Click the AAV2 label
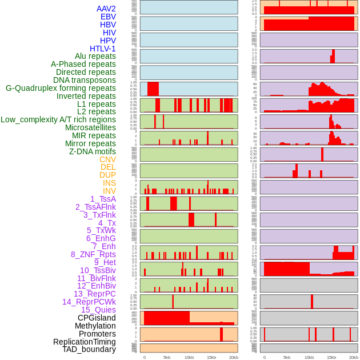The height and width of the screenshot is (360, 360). [x=106, y=9]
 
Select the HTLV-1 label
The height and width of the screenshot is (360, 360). [x=102, y=49]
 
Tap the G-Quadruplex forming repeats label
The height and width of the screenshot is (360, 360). [x=61, y=89]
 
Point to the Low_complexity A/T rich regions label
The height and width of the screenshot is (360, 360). [x=58, y=119]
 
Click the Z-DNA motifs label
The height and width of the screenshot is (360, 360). [x=93, y=151]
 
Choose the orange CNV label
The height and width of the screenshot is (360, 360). [x=107, y=159]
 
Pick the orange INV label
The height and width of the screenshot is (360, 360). [x=109, y=191]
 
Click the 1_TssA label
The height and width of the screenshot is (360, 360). [x=103, y=199]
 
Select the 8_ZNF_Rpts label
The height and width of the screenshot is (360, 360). [x=93, y=254]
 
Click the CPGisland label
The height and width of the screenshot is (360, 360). [x=97, y=318]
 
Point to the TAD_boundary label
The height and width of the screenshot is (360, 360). [x=89, y=349]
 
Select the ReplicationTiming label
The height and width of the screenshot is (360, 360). [x=85, y=342]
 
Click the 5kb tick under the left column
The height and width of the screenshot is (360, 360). [x=167, y=357]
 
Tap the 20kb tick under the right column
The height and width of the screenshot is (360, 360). [x=354, y=357]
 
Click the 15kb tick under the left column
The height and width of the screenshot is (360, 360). [x=211, y=357]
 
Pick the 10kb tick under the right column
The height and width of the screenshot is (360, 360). [x=309, y=357]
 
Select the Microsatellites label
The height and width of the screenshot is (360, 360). [x=90, y=127]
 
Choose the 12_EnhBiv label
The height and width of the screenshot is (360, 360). [x=97, y=286]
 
